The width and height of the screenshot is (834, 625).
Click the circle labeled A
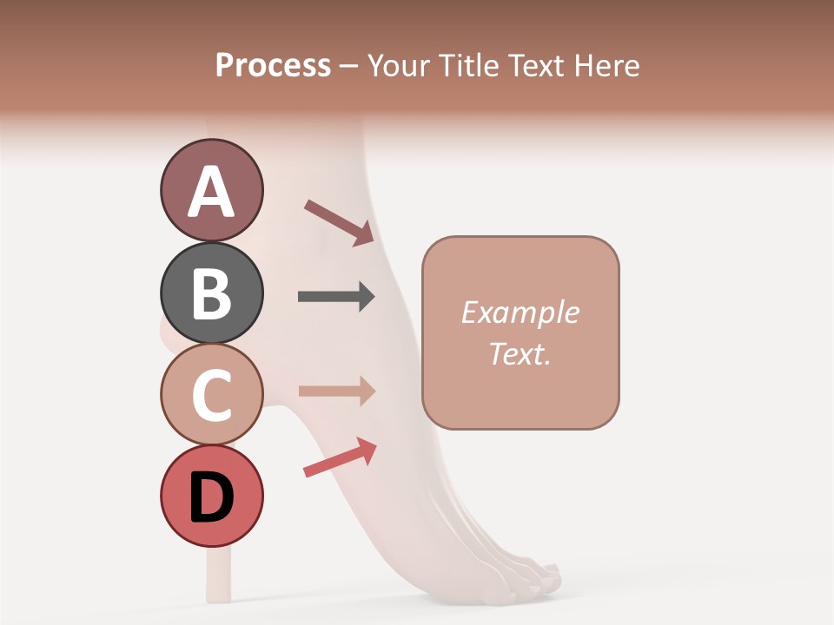pyautogui.click(x=211, y=191)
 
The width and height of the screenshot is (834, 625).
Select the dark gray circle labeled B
pyautogui.click(x=211, y=293)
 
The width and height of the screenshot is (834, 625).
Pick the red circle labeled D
pyautogui.click(x=211, y=496)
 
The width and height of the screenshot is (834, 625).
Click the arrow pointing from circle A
pyautogui.click(x=339, y=222)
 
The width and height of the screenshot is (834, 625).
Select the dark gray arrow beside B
pyautogui.click(x=336, y=297)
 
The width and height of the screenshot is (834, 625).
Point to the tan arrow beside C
pyautogui.click(x=336, y=391)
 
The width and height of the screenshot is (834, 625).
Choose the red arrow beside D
pyautogui.click(x=340, y=457)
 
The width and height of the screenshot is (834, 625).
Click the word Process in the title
pyautogui.click(x=273, y=65)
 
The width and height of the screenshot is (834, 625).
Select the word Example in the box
pyautogui.click(x=520, y=312)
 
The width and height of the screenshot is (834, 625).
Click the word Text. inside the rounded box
pyautogui.click(x=520, y=353)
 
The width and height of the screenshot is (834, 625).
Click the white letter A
pyautogui.click(x=211, y=192)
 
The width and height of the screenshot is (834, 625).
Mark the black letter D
pyautogui.click(x=211, y=497)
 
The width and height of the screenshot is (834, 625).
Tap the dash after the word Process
pyautogui.click(x=348, y=67)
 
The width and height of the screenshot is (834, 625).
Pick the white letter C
pyautogui.click(x=211, y=395)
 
